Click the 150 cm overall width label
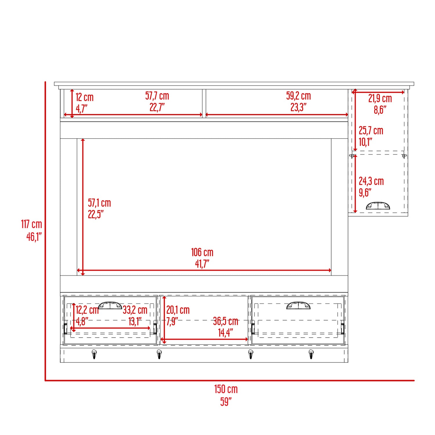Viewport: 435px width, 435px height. pos(226,389)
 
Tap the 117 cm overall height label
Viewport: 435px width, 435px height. pos(31,224)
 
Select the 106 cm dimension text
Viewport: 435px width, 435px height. pos(202,252)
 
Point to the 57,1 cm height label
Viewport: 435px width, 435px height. pos(99,203)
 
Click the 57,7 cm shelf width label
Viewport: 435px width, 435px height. pos(157,96)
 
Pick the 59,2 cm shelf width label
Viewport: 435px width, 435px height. pos(298,96)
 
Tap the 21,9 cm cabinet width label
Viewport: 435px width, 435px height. pos(380,99)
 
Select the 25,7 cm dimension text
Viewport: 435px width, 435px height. pos(371,130)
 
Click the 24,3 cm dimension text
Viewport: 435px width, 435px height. pos(371,181)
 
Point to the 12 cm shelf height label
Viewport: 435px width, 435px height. pos(85,97)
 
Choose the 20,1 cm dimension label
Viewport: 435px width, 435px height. pos(178,310)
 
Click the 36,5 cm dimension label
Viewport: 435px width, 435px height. pos(226,321)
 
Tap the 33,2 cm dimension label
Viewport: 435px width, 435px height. pos(135,310)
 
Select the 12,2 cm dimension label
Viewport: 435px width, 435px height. pos(87,310)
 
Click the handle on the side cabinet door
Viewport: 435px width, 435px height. pos(378,206)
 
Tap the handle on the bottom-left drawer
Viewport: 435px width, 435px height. pos(110,305)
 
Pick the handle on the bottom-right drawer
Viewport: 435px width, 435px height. pos(298,305)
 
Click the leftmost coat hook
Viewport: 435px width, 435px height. pos(94,354)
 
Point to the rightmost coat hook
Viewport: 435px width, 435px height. pos(311,354)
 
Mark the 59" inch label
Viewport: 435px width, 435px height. pos(226,402)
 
